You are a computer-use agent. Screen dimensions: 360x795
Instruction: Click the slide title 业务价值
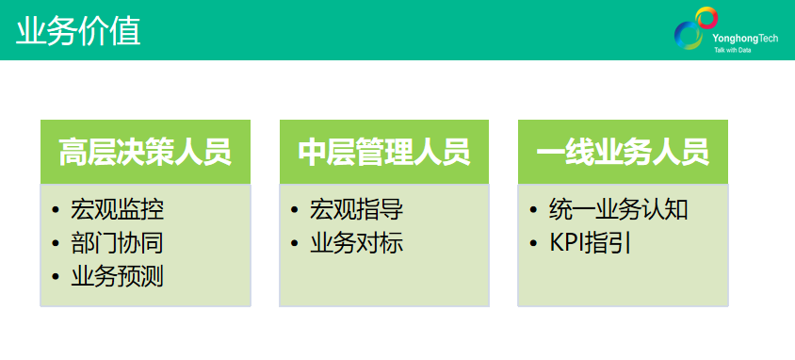click(79, 31)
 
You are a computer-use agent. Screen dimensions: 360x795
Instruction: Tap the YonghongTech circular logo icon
click(695, 28)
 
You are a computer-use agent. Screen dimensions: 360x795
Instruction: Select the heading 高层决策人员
click(145, 153)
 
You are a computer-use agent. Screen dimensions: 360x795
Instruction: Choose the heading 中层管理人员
click(384, 153)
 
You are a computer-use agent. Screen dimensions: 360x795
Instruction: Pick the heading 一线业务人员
click(623, 153)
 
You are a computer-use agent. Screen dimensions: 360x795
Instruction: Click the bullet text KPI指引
click(590, 243)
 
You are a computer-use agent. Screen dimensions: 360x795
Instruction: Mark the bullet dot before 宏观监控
click(57, 210)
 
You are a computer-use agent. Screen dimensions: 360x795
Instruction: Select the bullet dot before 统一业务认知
click(535, 210)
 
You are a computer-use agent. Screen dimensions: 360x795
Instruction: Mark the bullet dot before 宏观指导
click(296, 210)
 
